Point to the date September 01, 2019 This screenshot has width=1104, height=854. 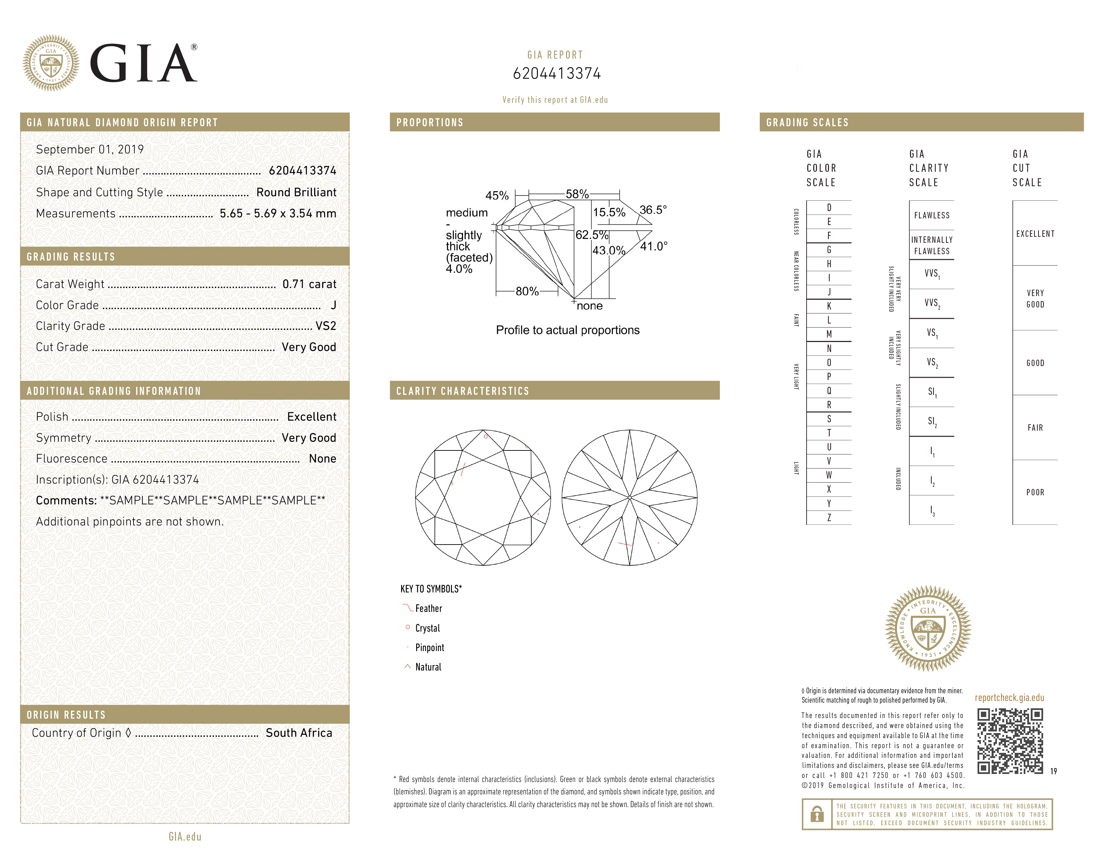[x=90, y=150]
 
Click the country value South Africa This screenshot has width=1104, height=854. [x=299, y=732]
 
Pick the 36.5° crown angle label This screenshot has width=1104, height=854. [x=653, y=209]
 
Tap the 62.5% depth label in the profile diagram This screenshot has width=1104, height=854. [x=591, y=235]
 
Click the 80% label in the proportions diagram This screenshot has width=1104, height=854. [x=527, y=291]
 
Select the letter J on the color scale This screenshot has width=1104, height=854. [x=829, y=292]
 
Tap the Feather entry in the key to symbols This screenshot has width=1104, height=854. [x=428, y=609]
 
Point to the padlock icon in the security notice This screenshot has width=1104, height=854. [x=817, y=814]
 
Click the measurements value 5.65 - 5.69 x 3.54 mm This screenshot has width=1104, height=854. [x=278, y=214]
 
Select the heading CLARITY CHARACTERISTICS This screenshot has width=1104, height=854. [x=463, y=391]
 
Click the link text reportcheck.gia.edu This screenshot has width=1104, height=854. [x=1009, y=698]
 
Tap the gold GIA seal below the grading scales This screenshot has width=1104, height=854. [x=928, y=628]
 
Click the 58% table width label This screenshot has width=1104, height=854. [x=577, y=194]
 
